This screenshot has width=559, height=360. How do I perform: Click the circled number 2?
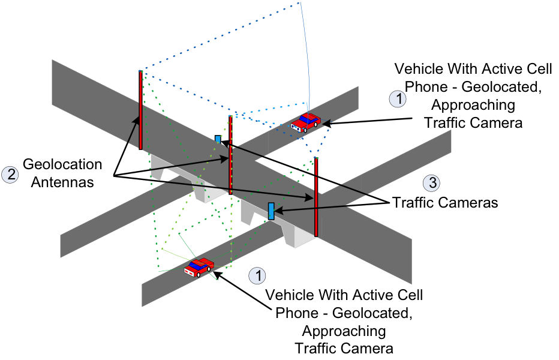tap(10, 175)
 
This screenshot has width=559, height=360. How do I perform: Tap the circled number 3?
tap(431, 183)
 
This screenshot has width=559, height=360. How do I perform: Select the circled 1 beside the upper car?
tap(398, 99)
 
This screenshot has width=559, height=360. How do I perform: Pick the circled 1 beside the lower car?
tap(257, 275)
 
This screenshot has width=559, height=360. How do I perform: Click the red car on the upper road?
tap(306, 122)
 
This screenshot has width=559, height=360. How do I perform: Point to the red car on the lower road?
tap(199, 267)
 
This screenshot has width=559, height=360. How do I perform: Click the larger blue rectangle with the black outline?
tap(271, 211)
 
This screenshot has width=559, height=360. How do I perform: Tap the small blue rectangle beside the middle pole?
tap(218, 139)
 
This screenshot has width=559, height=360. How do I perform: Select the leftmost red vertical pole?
tap(140, 110)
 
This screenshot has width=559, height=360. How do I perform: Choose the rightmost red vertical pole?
tap(316, 197)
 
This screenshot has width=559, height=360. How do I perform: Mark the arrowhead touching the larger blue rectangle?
tap(279, 210)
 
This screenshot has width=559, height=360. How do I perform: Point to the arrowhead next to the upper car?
tap(327, 123)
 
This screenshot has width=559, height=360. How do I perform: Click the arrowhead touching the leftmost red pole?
tap(137, 119)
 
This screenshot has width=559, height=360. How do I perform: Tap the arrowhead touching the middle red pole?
tap(225, 159)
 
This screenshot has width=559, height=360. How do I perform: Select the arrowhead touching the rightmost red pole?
tap(309, 197)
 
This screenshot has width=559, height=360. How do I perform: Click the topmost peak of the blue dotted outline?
tap(298, 4)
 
